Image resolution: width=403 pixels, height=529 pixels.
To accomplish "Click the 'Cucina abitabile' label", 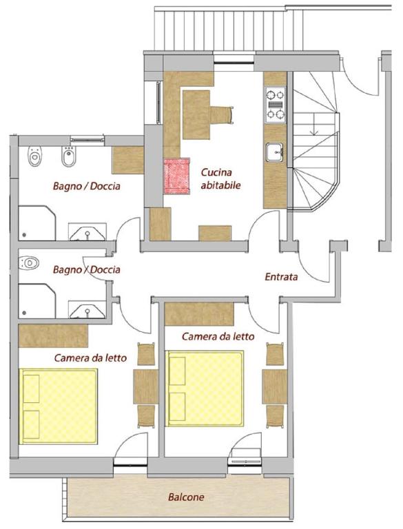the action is click(220, 179).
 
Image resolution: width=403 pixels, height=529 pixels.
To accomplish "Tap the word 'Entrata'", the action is click(281, 277).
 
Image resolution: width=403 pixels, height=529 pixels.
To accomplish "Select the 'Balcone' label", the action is click(186, 497).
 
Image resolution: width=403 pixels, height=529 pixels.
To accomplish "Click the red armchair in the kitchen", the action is click(177, 176).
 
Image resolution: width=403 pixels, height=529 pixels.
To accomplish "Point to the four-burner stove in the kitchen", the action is click(276, 105).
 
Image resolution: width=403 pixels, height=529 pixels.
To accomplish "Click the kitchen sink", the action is click(275, 152).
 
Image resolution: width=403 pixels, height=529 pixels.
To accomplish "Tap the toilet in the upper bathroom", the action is click(34, 156).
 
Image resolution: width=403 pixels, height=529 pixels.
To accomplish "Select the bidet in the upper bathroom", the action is click(69, 156).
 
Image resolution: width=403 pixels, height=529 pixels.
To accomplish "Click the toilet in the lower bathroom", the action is click(29, 263).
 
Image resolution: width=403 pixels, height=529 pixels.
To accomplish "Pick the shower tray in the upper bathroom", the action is click(37, 223).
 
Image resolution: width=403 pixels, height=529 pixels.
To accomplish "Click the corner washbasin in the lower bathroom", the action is click(87, 309).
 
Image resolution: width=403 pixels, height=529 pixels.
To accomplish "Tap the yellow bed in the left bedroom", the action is click(59, 406).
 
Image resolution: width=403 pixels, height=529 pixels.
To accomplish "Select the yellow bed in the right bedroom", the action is click(205, 388).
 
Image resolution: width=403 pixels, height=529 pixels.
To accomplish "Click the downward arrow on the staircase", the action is click(314, 128).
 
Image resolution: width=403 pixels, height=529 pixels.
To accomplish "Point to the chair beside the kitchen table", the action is click(222, 114).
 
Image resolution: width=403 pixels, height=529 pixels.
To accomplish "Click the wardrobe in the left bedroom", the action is click(53, 335).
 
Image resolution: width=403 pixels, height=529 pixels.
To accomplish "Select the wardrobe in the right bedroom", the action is click(199, 314).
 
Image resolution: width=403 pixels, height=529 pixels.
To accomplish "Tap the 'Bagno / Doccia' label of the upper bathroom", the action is click(86, 186).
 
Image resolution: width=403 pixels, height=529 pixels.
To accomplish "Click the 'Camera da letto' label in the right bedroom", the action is click(218, 336).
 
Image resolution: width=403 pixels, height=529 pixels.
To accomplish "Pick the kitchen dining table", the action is click(196, 115).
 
